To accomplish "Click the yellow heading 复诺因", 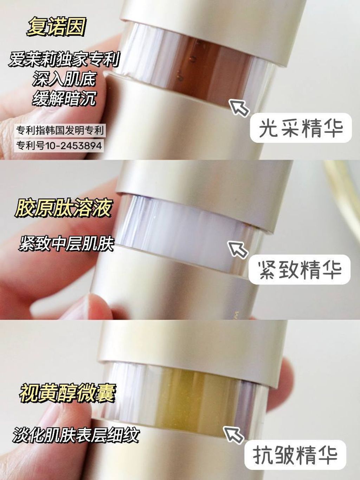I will tap(56, 27).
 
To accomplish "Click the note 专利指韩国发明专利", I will tap(60, 130).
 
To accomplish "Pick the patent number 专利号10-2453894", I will tap(59, 145).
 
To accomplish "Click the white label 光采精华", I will tap(301, 128).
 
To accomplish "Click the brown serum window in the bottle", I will tap(197, 67).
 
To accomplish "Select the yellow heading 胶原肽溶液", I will tap(63, 208).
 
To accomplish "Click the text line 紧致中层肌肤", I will tap(66, 243).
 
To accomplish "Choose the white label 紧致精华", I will tap(300, 270).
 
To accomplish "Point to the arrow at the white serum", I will tap(238, 249).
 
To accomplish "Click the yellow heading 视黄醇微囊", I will tap(67, 393).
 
